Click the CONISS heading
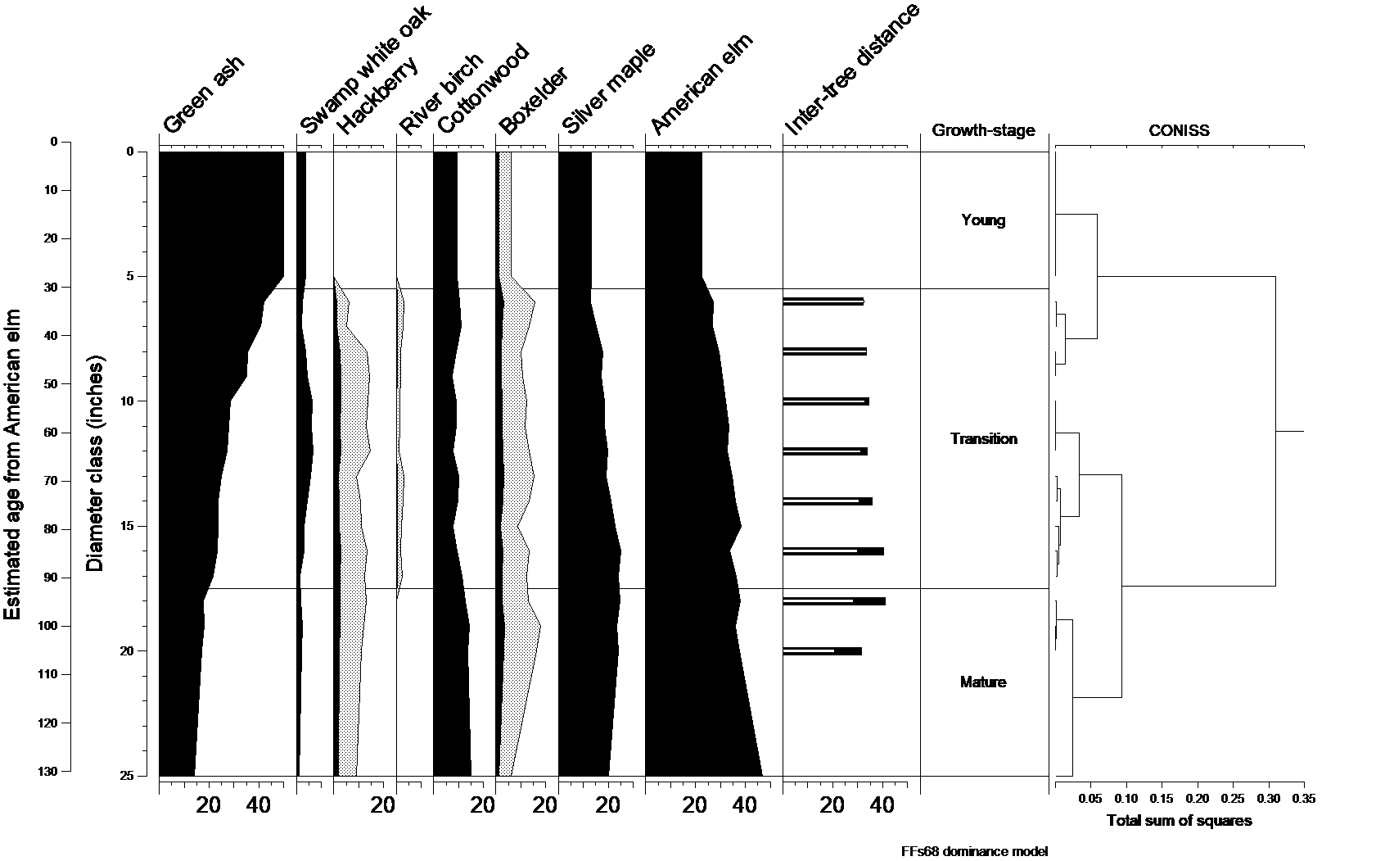point(1179,130)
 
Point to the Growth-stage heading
point(983,130)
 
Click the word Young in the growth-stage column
point(983,220)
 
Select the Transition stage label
point(983,439)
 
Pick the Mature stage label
point(983,682)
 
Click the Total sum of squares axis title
point(1179,821)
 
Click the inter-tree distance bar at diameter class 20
point(822,651)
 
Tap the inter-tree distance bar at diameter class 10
point(825,401)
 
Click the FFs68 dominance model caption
point(974,852)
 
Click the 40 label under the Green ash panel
point(259,805)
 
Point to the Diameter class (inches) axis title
point(96,463)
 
